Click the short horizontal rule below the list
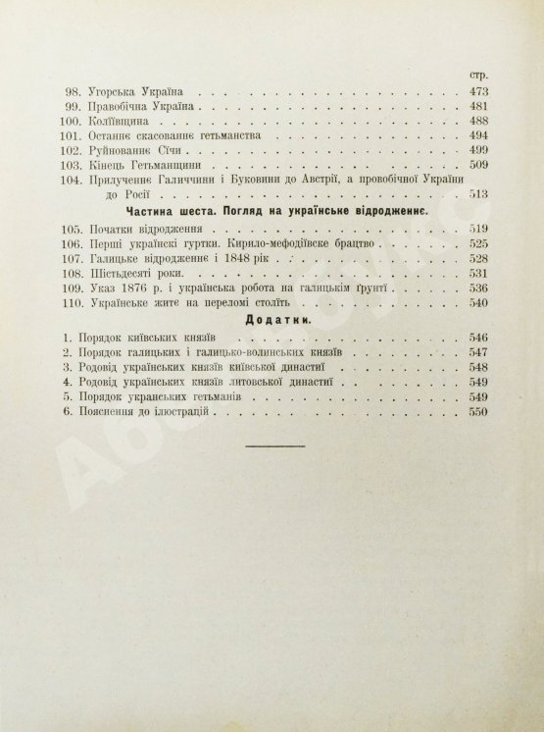click(272, 445)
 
